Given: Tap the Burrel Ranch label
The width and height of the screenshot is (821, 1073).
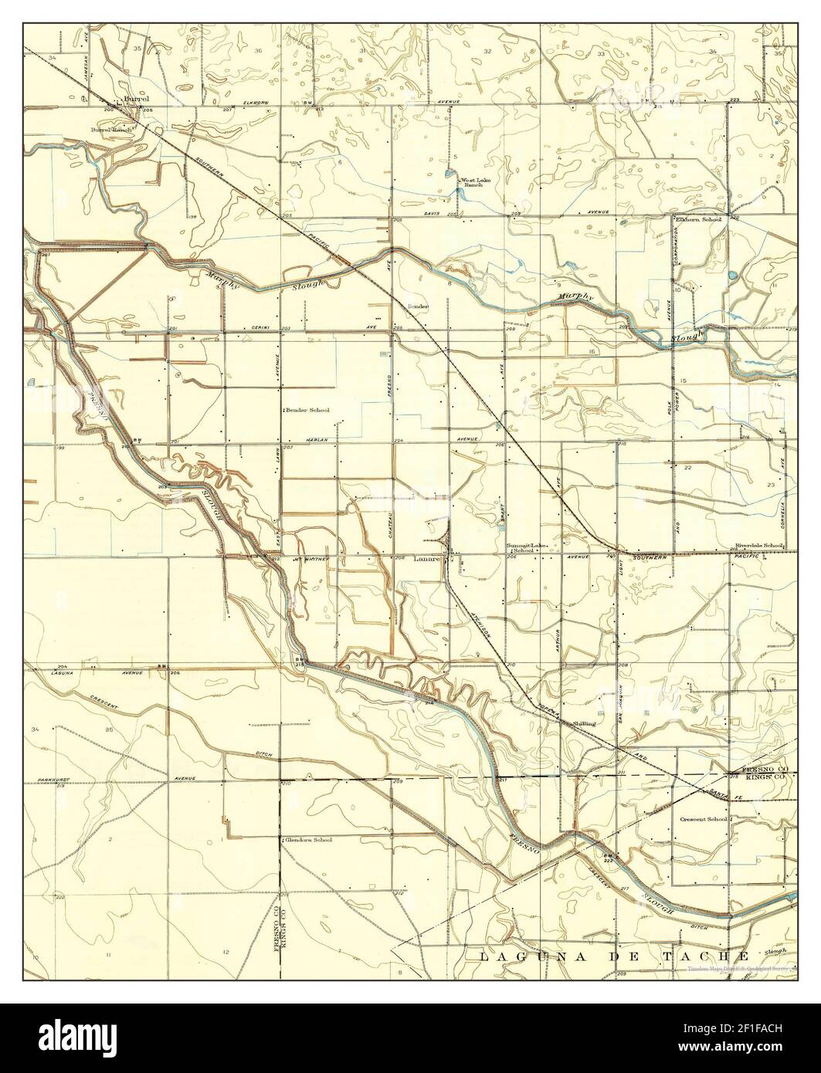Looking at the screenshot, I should tap(112, 130).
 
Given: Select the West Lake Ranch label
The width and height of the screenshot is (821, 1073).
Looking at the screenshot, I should tap(472, 184).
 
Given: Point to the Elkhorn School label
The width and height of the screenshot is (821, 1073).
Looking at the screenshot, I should tap(698, 219).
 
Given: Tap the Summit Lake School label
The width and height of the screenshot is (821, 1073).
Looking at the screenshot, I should tap(526, 547).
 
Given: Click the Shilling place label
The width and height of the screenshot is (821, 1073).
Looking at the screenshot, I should tap(583, 723).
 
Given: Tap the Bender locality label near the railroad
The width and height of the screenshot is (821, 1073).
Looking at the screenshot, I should tap(418, 306).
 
